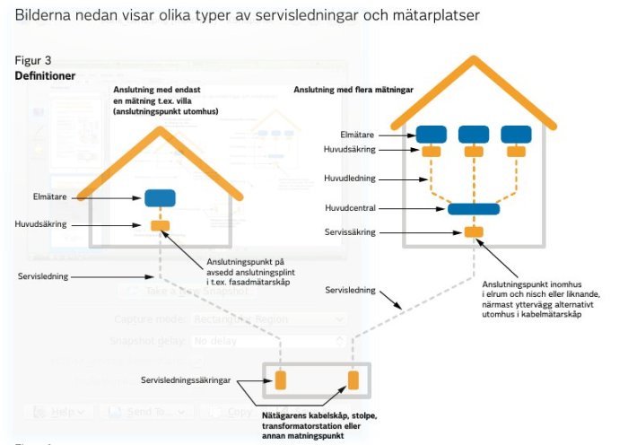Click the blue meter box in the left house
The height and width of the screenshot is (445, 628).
point(160,198)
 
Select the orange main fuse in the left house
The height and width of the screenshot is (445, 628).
point(160,224)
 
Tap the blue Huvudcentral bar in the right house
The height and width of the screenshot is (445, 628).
point(473,209)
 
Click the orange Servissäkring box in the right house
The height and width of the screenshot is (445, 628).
point(473,232)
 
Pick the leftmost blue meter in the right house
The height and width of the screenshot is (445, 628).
point(432,135)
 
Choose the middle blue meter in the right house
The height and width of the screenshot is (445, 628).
point(474,135)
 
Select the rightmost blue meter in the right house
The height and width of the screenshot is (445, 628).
point(516,135)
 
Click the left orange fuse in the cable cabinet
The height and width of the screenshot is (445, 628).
point(280,380)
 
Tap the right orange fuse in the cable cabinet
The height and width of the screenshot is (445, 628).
point(353,380)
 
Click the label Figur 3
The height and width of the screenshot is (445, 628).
point(33,60)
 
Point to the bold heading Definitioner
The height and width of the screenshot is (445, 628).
point(45,76)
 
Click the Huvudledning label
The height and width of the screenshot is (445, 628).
point(350,179)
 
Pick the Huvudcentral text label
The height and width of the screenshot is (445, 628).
point(350,208)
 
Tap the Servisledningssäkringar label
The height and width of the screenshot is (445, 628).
point(186,381)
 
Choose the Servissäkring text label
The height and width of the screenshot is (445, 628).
point(350,232)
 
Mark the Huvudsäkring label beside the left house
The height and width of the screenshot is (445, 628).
point(42,224)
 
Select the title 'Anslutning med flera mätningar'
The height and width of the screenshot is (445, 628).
point(366,89)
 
